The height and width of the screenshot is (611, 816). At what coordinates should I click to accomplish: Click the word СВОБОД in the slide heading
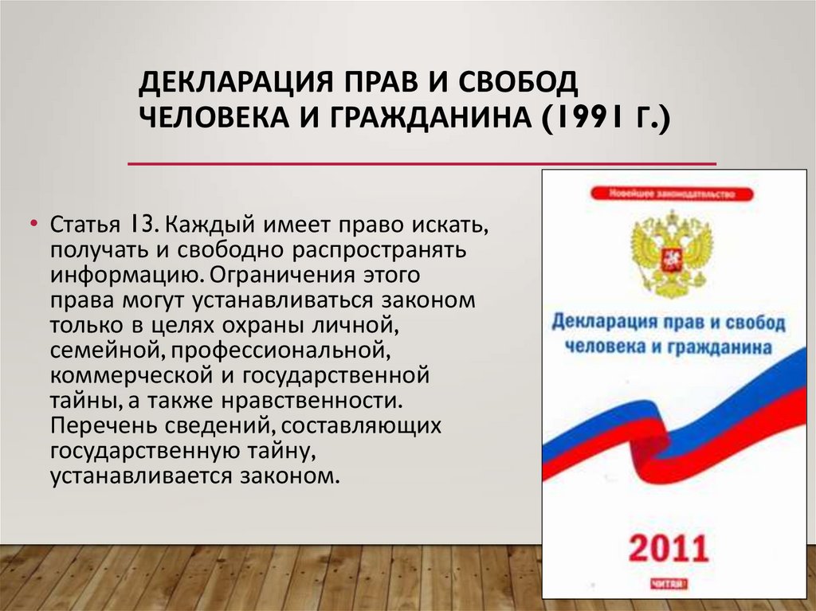point(501,83)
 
